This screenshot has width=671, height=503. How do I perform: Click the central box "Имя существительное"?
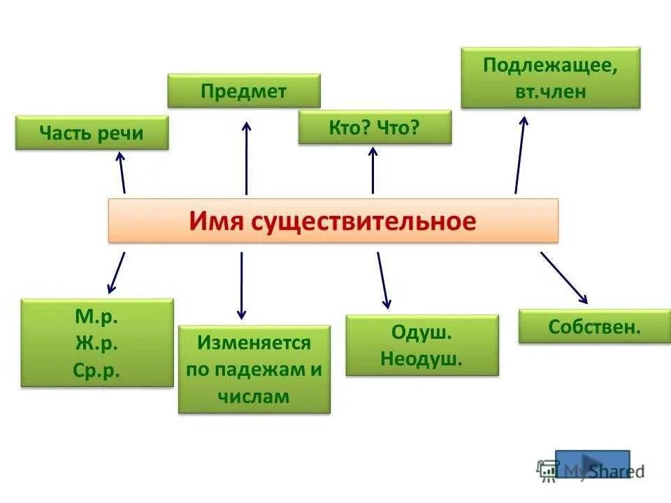click(333, 221)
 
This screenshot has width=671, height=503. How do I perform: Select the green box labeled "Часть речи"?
click(92, 133)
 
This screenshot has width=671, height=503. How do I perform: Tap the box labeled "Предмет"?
click(244, 91)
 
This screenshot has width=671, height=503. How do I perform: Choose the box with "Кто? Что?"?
click(375, 127)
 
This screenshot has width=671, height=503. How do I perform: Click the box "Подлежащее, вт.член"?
click(550, 78)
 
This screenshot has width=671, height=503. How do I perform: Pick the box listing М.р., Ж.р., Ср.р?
click(97, 343)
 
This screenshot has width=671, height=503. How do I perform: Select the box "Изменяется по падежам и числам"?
click(254, 370)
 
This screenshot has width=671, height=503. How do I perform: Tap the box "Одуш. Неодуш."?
click(422, 345)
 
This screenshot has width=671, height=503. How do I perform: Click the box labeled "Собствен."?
click(594, 326)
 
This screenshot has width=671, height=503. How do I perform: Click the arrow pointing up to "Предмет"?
click(246, 158)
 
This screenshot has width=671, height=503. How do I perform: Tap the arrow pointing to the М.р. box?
click(117, 272)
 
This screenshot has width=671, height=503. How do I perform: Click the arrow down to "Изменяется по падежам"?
click(241, 286)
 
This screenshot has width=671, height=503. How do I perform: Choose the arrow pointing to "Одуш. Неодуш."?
click(384, 280)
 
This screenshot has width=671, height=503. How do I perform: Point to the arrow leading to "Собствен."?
click(563, 277)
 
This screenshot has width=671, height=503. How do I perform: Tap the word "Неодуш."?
click(421, 359)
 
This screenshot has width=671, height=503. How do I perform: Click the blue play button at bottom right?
click(592, 464)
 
